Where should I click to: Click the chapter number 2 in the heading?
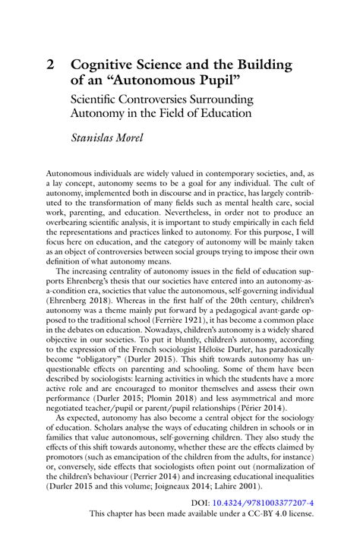[x=51, y=65]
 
